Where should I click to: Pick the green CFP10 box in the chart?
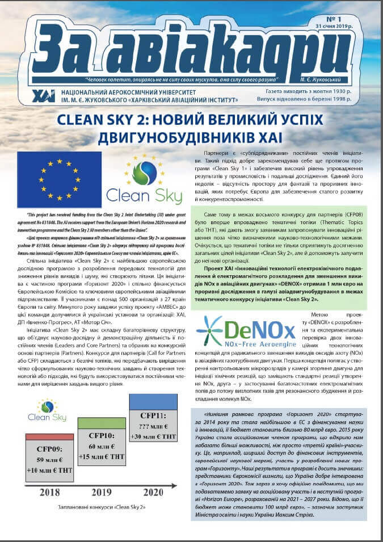(x=102, y=440)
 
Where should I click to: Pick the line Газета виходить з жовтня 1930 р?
(x=309, y=91)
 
